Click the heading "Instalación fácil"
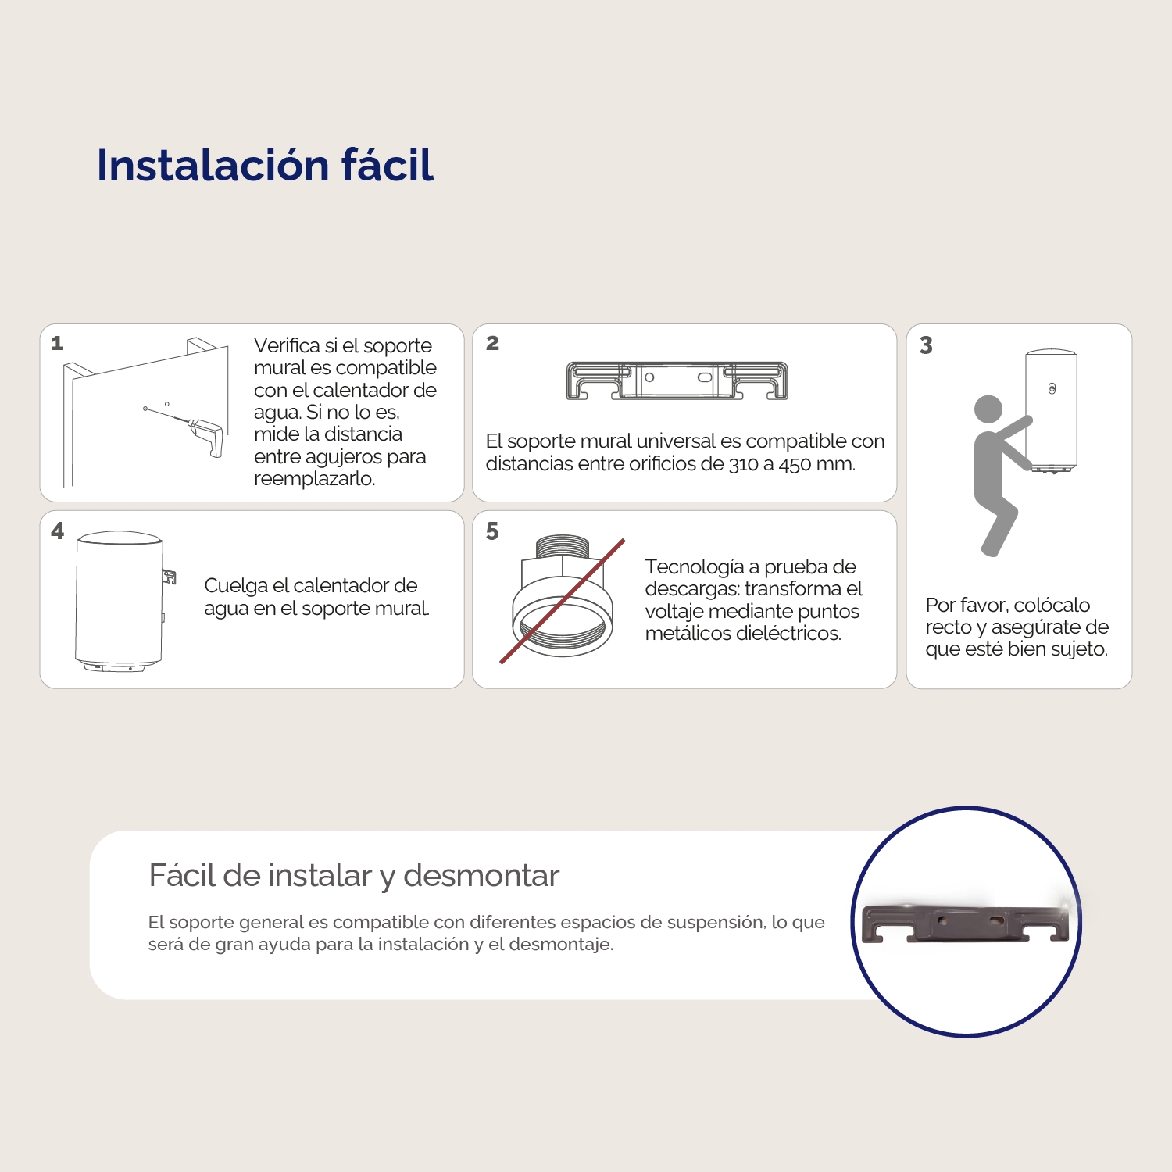click(x=265, y=166)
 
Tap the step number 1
click(x=57, y=343)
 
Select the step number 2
click(x=492, y=343)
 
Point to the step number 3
click(x=926, y=345)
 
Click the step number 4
click(x=57, y=531)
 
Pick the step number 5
click(x=492, y=531)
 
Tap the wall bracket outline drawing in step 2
click(x=677, y=381)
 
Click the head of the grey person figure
click(x=988, y=409)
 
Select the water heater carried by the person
click(x=1051, y=410)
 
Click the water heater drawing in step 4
click(x=119, y=600)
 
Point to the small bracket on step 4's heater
click(x=169, y=577)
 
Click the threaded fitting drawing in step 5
click(x=559, y=598)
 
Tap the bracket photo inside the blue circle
click(x=966, y=924)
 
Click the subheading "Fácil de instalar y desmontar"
click(x=354, y=876)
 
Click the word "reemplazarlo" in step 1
click(x=313, y=479)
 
